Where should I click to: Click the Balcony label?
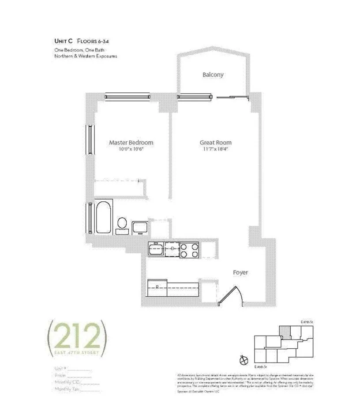click(x=213, y=75)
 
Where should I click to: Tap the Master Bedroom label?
click(x=131, y=143)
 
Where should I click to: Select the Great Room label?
click(x=215, y=143)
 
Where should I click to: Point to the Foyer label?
click(x=240, y=272)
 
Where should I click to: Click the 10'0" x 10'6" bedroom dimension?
click(x=131, y=149)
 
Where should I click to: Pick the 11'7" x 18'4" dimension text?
click(x=215, y=149)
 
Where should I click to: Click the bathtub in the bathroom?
click(x=104, y=216)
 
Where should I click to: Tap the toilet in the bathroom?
click(x=122, y=224)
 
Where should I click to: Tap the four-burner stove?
click(x=190, y=250)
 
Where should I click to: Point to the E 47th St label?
click(x=307, y=323)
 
